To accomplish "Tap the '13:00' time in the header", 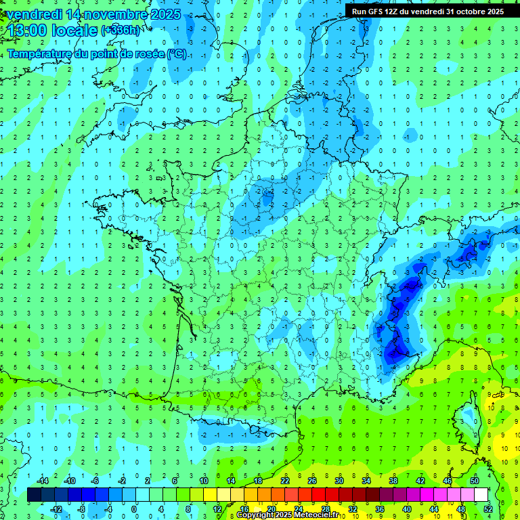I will click(26, 30).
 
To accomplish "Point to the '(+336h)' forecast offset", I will click(121, 30).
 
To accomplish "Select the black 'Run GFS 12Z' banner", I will click(427, 11).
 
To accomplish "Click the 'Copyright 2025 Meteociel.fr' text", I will click(288, 515).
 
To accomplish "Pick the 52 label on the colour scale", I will click(487, 508).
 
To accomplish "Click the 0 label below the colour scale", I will click(135, 508).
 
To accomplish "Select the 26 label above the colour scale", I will click(312, 481).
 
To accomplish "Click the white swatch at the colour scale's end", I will click(481, 495).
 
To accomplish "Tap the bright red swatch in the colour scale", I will click(319, 495).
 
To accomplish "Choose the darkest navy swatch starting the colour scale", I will click(35, 495).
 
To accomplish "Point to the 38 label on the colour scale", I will click(393, 481).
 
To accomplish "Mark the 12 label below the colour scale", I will click(217, 508).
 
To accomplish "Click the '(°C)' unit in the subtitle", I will click(177, 54).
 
